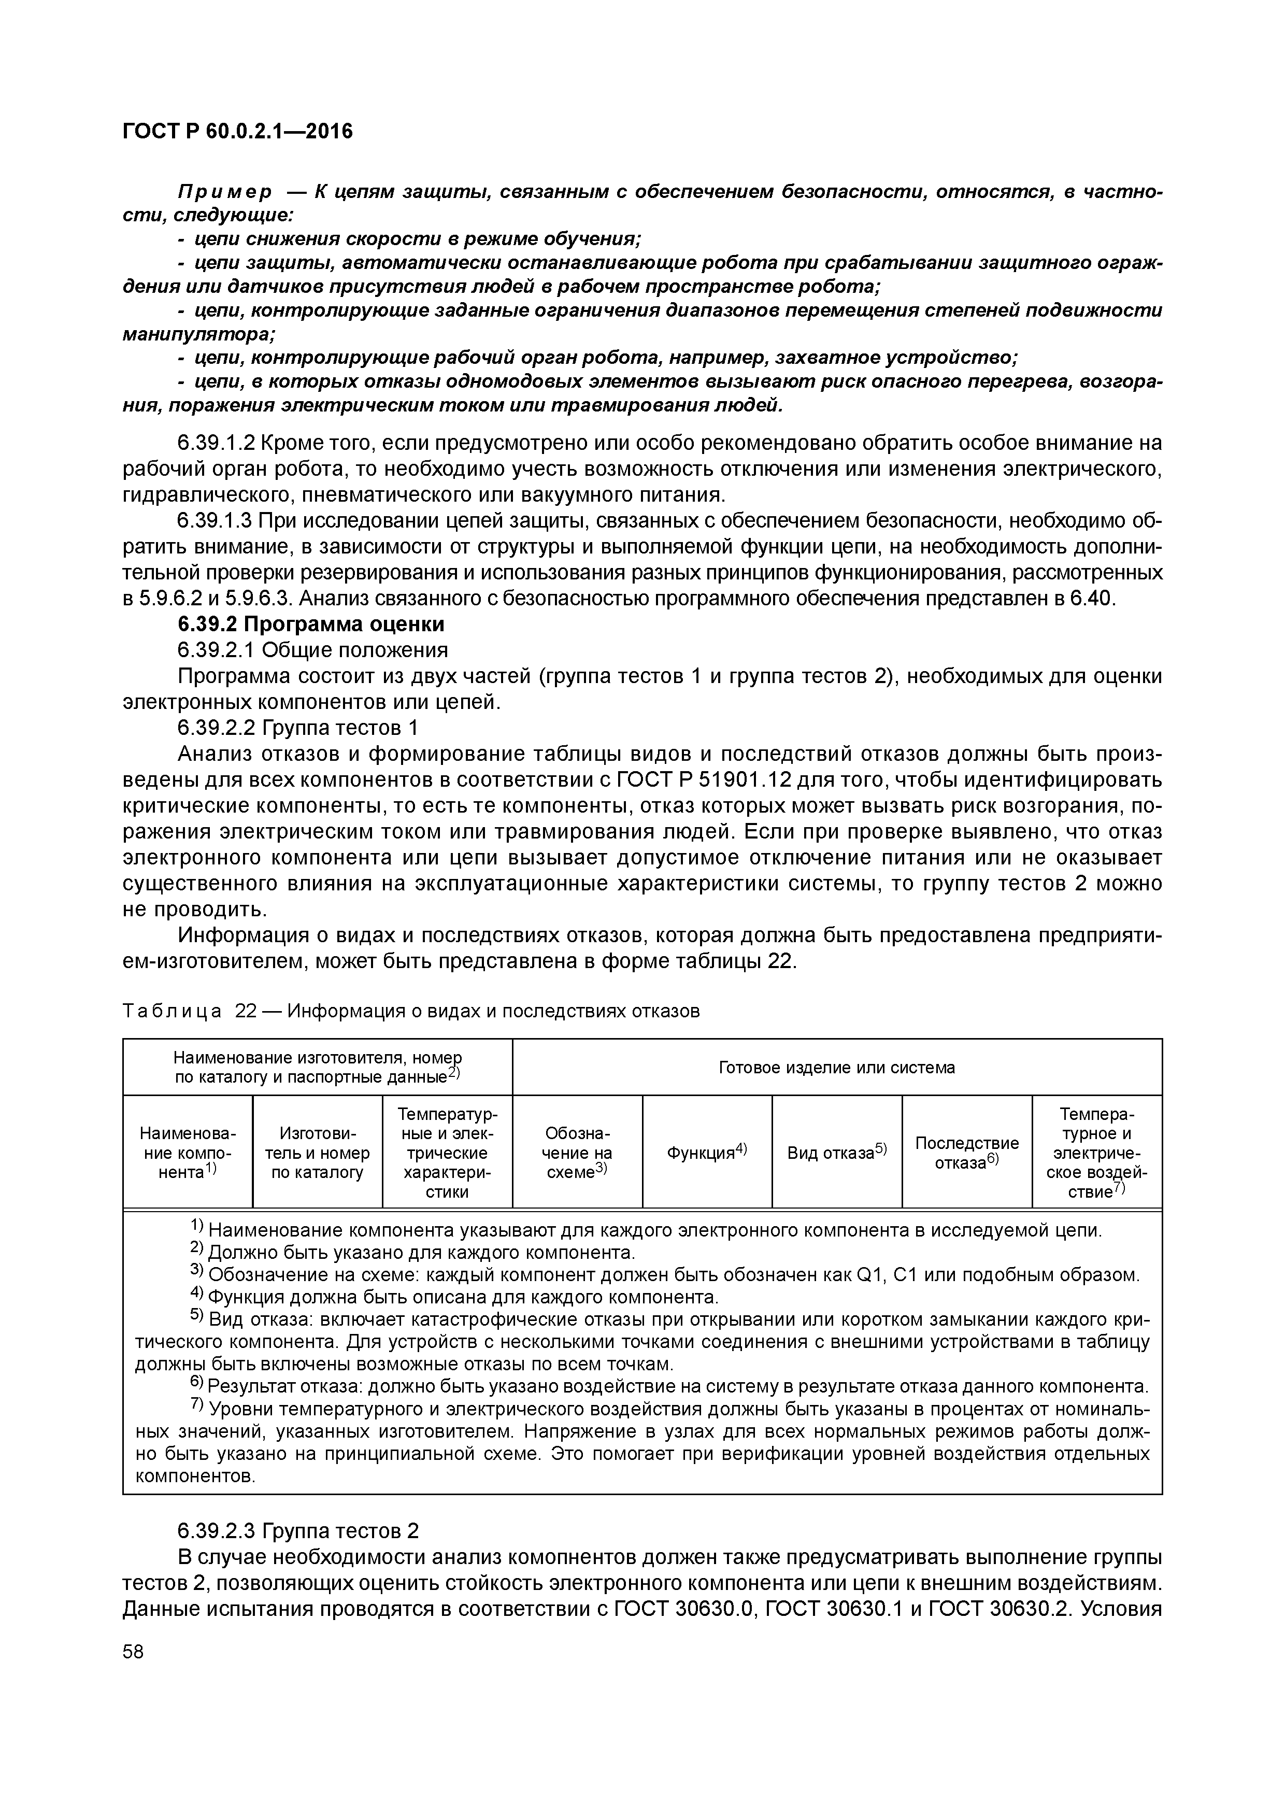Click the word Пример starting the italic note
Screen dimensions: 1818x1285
point(224,192)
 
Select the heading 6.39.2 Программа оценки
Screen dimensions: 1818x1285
point(310,624)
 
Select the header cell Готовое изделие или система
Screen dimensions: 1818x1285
point(836,1068)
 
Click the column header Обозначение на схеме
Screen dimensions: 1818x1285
point(577,1153)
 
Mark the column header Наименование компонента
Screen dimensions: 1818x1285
point(188,1153)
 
